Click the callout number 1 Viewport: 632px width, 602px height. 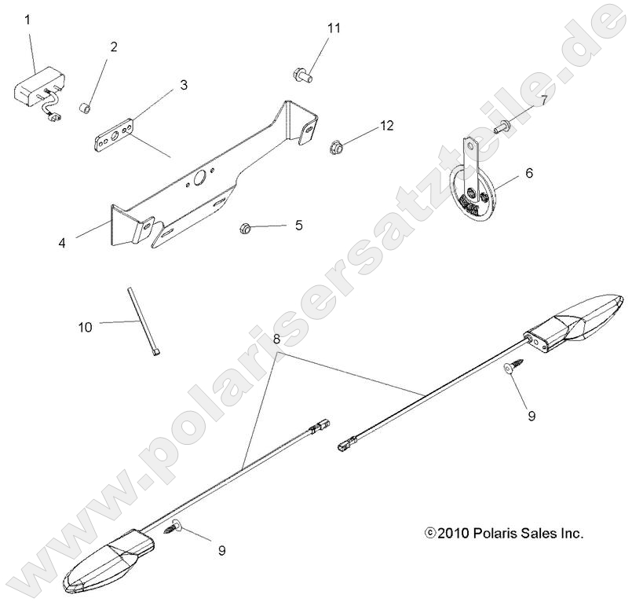pos(27,19)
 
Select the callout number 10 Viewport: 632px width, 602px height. pos(84,325)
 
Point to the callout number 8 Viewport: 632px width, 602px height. pos(276,340)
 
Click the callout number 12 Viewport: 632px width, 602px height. pos(386,126)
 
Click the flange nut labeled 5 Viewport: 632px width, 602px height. pos(244,229)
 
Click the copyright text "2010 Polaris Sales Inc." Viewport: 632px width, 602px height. pos(509,533)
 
